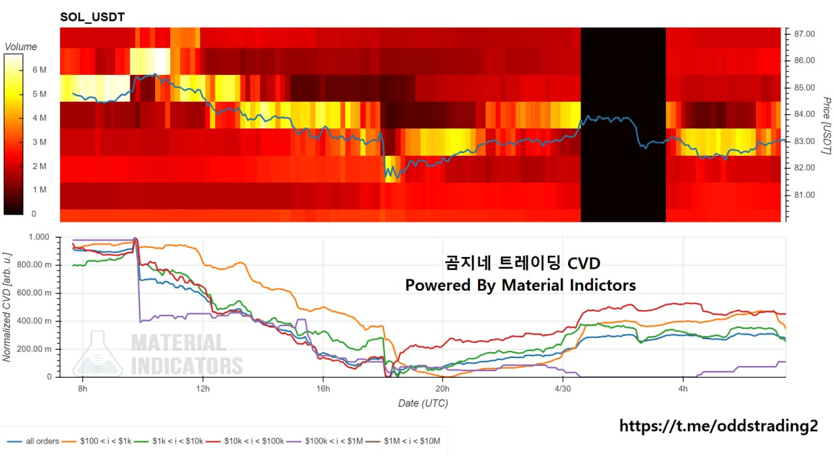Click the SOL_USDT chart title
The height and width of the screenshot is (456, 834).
tap(92, 17)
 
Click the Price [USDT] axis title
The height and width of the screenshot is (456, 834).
tap(826, 126)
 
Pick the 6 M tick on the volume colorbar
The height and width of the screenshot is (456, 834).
tap(39, 70)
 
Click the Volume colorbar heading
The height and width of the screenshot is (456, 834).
tap(21, 47)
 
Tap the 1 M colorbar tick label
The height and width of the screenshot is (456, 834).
tap(39, 190)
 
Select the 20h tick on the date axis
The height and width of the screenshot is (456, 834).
tap(442, 389)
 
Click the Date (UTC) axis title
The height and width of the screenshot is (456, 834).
tap(423, 403)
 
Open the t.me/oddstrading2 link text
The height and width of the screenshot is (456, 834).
tap(718, 426)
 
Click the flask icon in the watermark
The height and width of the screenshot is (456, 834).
tap(97, 354)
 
